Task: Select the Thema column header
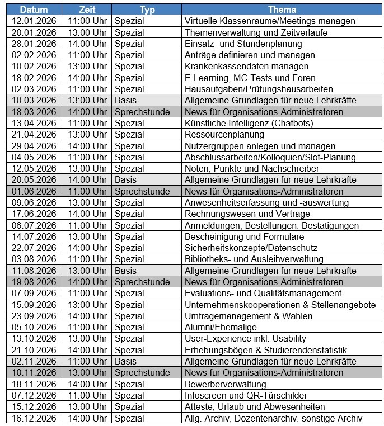coord(282,10)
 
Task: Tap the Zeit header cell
coord(87,10)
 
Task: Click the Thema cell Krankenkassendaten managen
coord(246,67)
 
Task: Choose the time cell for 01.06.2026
coord(87,191)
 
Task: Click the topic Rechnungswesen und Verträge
coord(247,214)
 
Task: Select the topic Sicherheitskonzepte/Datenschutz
coord(251,248)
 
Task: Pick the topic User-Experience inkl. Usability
coord(245,338)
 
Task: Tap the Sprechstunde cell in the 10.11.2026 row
coord(142,372)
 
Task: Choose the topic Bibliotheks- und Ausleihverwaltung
coord(254,259)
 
